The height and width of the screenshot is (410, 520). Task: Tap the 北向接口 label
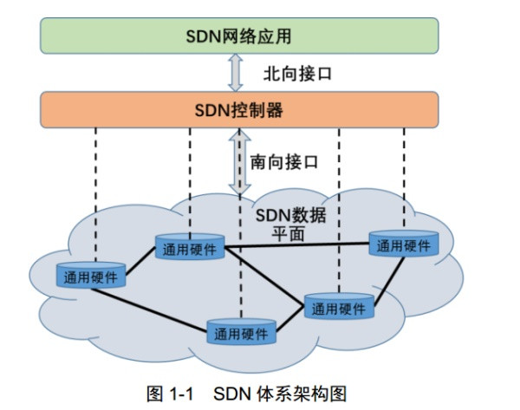pyautogui.click(x=296, y=73)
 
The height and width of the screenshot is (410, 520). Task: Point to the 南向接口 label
pyautogui.click(x=284, y=161)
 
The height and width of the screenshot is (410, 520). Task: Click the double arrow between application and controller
pyautogui.click(x=236, y=73)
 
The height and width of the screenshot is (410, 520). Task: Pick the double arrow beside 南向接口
pyautogui.click(x=238, y=161)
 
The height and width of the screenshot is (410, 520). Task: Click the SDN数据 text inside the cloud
pyautogui.click(x=291, y=215)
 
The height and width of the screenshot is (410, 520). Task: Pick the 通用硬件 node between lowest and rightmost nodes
pyautogui.click(x=340, y=308)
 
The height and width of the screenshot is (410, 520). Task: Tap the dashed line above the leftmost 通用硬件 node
pyautogui.click(x=95, y=191)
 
